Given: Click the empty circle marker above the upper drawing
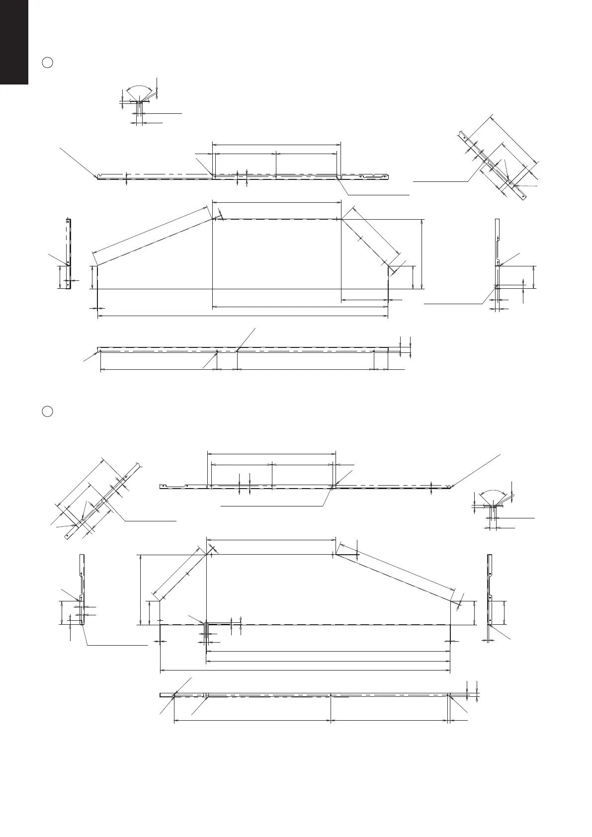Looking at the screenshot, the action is [x=47, y=63].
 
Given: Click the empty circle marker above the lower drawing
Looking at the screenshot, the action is [x=47, y=412].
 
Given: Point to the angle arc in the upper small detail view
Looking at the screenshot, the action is [x=139, y=86].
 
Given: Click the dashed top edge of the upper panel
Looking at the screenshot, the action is [x=276, y=219].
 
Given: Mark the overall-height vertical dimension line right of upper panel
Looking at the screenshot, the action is [x=422, y=253].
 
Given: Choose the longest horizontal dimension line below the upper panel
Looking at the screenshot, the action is [x=243, y=315].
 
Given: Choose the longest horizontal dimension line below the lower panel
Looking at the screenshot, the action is [x=305, y=670].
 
